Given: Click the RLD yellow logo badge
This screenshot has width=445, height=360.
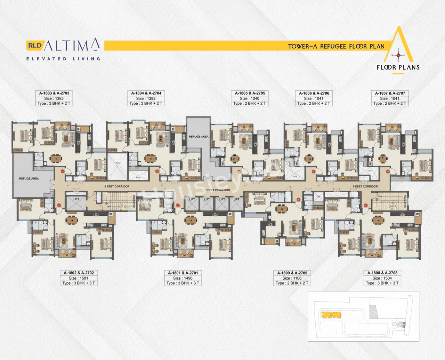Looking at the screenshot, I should pos(34,46).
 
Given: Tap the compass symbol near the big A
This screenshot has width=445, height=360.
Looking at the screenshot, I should pos(398,55).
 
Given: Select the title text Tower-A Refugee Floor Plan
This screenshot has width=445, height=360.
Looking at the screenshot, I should pos(336,46).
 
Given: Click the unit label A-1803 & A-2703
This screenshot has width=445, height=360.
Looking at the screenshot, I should pos(54,93).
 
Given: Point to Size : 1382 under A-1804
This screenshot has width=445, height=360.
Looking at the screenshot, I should pos(146,98).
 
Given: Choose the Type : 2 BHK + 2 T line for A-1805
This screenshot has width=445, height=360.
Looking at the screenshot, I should pos(250,103).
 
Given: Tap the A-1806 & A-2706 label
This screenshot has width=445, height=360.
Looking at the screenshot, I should pos(314,93).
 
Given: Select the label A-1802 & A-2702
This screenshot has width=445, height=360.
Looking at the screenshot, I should pos(79,273).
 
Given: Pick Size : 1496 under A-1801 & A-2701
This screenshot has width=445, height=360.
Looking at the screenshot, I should pos(183,278).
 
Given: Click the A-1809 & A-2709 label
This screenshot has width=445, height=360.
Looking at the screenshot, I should pos(292,273).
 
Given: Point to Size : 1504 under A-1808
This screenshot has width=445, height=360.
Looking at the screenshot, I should pos(382,278).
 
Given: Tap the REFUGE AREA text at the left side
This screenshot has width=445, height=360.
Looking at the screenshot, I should pos(29,178).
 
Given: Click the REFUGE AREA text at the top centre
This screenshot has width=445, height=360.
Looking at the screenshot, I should pos(199,137).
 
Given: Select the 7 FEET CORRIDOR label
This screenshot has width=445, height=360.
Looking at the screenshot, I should pos(218,190).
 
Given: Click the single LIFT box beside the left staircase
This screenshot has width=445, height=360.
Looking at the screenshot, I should pos(76,203).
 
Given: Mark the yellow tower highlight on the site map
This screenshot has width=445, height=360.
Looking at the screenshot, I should pos(331,315).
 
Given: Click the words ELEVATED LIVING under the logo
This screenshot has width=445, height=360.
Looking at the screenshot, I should pos(63,59).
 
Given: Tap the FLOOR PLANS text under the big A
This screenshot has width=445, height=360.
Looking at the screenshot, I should pos(398,67).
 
